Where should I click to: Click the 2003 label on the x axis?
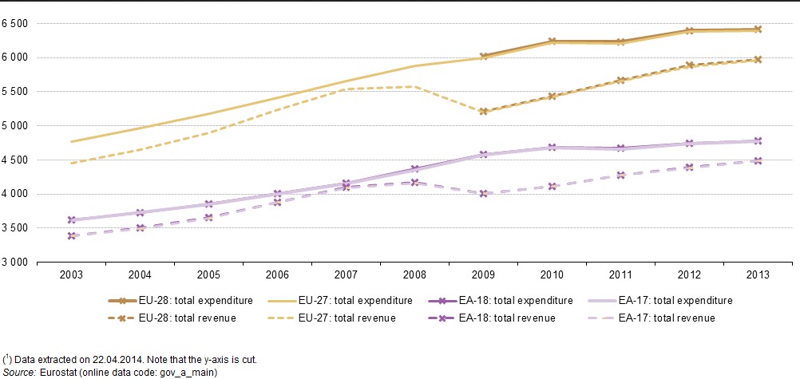click(x=71, y=275)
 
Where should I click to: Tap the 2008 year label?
click(x=414, y=275)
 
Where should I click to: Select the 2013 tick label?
click(x=758, y=275)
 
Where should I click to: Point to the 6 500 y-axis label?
click(x=15, y=24)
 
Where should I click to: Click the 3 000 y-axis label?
click(x=15, y=263)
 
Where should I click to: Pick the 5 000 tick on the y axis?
click(x=15, y=126)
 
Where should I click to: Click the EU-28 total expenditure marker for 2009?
click(x=483, y=56)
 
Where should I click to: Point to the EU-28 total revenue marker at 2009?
click(x=483, y=111)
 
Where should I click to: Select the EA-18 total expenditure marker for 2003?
click(x=71, y=219)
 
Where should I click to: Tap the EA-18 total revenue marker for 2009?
click(x=483, y=193)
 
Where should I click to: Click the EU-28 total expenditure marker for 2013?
click(x=758, y=29)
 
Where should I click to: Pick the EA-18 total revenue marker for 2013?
click(x=758, y=160)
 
